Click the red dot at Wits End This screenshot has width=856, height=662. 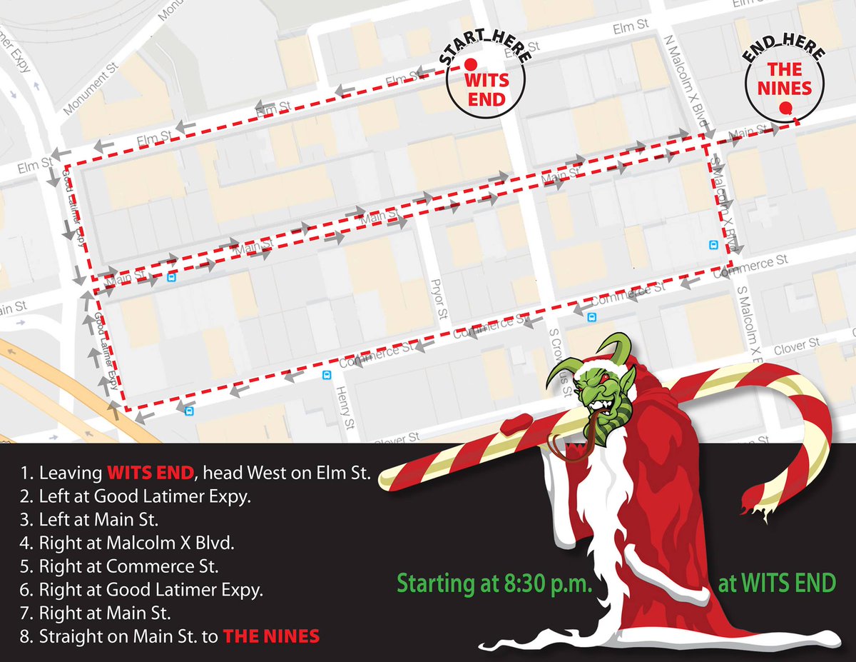pos(471,64)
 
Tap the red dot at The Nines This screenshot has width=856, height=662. pos(785,109)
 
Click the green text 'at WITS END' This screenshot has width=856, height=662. pos(776,583)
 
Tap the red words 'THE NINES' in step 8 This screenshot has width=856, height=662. pos(270,636)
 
